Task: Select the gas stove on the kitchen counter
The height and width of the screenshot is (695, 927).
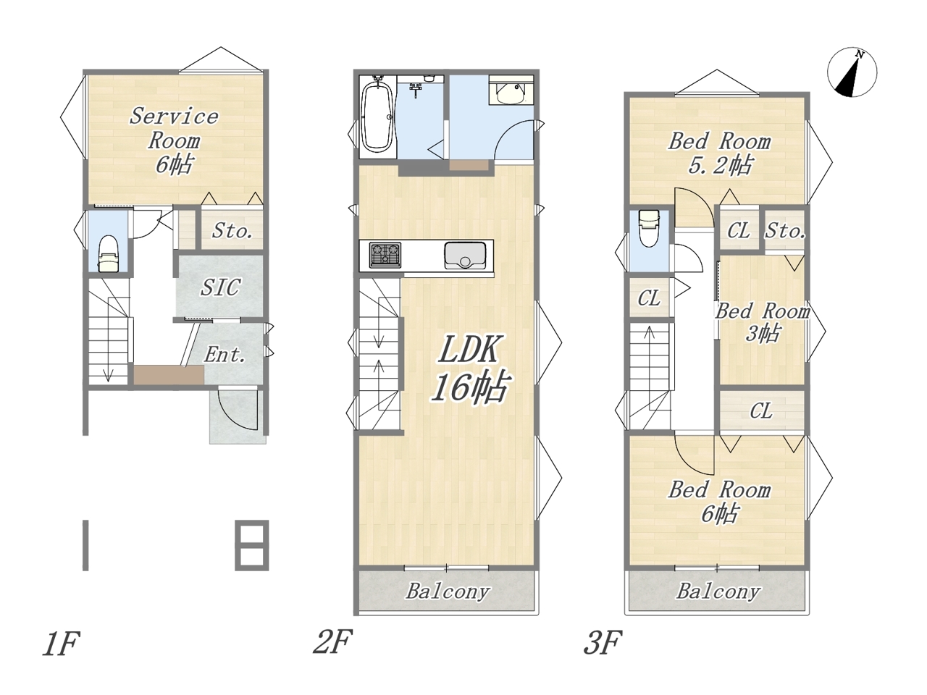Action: click(x=385, y=255)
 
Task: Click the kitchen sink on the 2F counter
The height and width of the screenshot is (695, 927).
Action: click(x=464, y=256)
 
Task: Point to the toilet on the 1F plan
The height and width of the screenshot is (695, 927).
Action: click(x=108, y=253)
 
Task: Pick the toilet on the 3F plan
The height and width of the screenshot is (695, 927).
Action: click(x=649, y=228)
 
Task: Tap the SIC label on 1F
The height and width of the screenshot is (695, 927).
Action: click(x=220, y=287)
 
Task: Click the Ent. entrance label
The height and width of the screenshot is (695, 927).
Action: click(x=225, y=355)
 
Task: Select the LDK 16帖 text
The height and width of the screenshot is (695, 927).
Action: click(x=469, y=368)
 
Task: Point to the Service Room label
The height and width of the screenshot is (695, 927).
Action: click(x=174, y=140)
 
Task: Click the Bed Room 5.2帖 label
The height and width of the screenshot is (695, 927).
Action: click(x=719, y=153)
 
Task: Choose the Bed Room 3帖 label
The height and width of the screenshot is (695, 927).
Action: click(x=763, y=322)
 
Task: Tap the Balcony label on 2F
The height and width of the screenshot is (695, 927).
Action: click(x=448, y=591)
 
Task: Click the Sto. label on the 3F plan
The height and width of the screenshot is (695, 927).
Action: click(x=785, y=231)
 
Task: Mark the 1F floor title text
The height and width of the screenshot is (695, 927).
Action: click(x=62, y=644)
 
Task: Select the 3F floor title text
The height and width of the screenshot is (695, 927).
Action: click(x=603, y=643)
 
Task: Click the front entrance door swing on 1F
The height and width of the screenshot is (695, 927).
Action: click(x=238, y=409)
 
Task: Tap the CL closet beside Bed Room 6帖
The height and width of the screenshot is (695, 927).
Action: click(x=761, y=410)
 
